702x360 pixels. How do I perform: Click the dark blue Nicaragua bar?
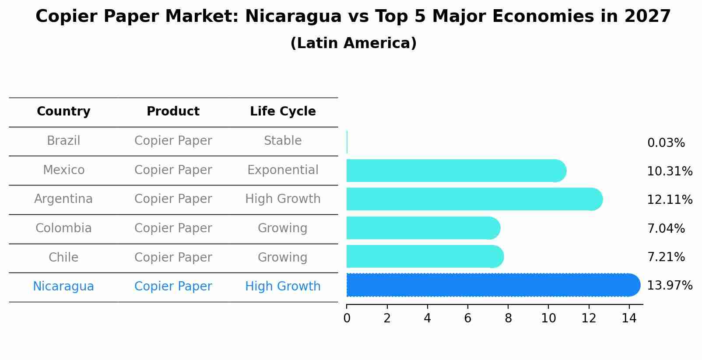(490, 285)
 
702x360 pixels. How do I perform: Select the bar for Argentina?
(473, 199)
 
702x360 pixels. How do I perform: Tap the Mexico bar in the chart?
(455, 171)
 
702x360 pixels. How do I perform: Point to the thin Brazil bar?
(347, 142)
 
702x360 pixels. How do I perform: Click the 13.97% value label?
(669, 286)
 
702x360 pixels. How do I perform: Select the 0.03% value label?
(666, 143)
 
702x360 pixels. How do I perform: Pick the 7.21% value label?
(666, 257)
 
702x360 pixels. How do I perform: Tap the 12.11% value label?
(669, 200)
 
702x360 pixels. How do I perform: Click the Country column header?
(63, 112)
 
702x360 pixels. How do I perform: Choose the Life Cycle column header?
(283, 112)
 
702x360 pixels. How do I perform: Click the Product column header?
(173, 112)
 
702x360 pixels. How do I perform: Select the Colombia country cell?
(63, 228)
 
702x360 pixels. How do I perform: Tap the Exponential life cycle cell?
(283, 170)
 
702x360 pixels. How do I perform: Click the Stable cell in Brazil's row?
(283, 141)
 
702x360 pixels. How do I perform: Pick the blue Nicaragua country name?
(63, 287)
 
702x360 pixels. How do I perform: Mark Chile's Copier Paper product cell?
(173, 258)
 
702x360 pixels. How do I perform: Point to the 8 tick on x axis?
(508, 318)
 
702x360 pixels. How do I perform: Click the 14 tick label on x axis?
(629, 318)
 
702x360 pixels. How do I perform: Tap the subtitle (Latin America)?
(353, 43)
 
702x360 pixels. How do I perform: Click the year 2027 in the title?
(647, 17)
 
